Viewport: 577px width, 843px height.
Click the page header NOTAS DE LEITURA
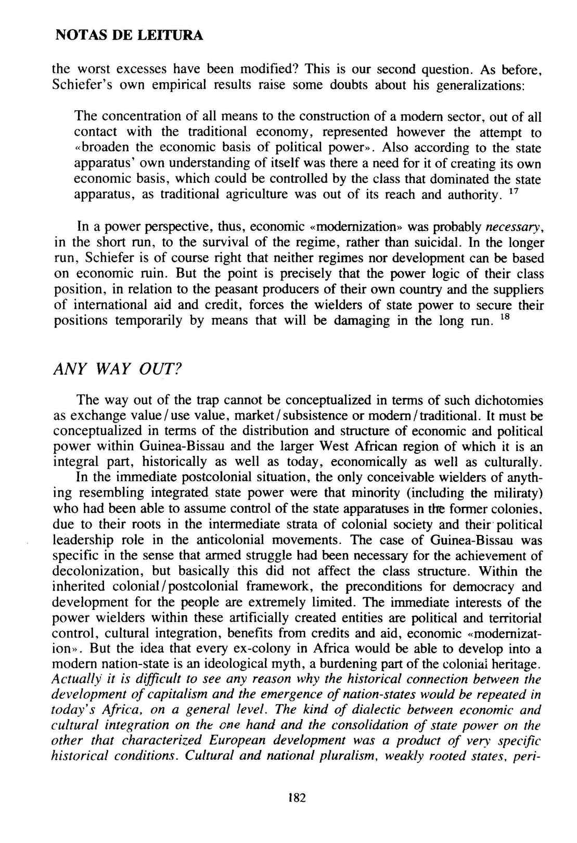point(129,36)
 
